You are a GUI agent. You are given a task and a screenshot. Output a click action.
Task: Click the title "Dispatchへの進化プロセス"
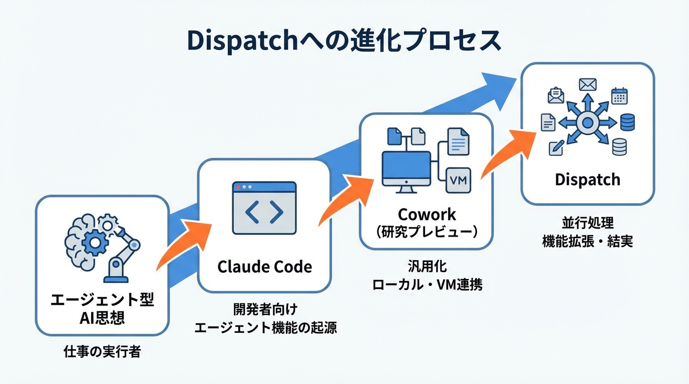pyautogui.click(x=344, y=41)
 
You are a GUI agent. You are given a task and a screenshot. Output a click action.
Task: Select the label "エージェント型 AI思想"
pyautogui.click(x=102, y=308)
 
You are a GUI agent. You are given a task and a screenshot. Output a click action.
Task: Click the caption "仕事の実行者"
pyautogui.click(x=102, y=351)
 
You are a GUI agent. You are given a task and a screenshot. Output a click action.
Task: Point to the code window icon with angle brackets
pyautogui.click(x=264, y=208)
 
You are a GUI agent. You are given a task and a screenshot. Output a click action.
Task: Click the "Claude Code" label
pyautogui.click(x=264, y=266)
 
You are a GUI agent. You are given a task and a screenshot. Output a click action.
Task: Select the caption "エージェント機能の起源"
pyautogui.click(x=265, y=327)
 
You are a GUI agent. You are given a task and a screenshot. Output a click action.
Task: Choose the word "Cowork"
pyautogui.click(x=427, y=214)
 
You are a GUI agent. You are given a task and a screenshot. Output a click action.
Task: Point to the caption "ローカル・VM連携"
pyautogui.click(x=427, y=285)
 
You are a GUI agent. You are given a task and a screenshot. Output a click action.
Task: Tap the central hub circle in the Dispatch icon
pyautogui.click(x=587, y=122)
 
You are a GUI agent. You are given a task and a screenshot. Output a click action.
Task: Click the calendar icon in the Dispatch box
pyautogui.click(x=619, y=95)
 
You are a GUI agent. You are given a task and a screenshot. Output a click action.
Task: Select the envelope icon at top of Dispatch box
pyautogui.click(x=587, y=84)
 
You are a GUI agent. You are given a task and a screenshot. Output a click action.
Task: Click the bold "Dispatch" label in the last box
pyautogui.click(x=587, y=179)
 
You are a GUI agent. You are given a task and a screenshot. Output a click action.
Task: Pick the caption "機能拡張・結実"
pyautogui.click(x=587, y=241)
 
